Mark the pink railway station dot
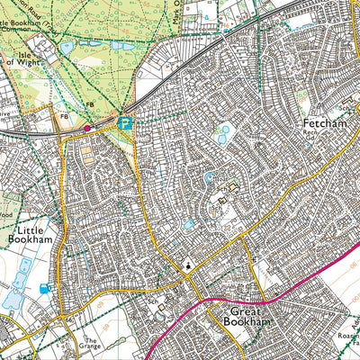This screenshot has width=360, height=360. (x=87, y=129)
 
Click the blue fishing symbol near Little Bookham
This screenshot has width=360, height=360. (x=43, y=288)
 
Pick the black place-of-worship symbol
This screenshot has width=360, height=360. (x=187, y=265)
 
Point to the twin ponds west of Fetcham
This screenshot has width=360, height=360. (x=222, y=135)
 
